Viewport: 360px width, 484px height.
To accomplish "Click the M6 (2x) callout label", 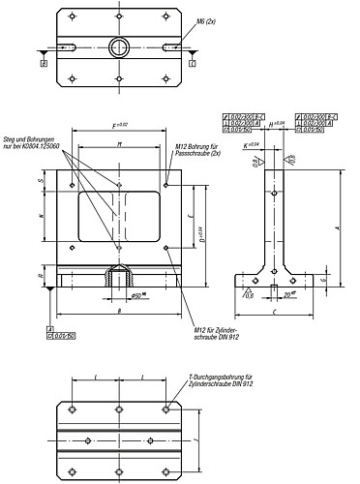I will click(206, 20).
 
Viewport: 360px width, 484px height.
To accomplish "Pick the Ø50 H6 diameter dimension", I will click(141, 294).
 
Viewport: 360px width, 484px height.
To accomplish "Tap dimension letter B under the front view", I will click(117, 312).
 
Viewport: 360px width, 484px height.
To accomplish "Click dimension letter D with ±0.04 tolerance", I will click(200, 231).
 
